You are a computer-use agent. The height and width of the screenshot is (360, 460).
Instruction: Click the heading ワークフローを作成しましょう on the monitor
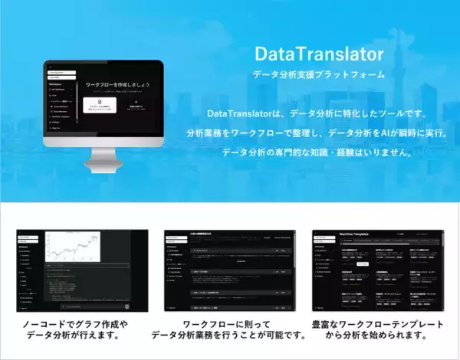[123, 83]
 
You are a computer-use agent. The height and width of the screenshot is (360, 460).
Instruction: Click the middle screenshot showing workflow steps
[230, 267]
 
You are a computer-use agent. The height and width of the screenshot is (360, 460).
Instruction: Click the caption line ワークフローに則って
[230, 324]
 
